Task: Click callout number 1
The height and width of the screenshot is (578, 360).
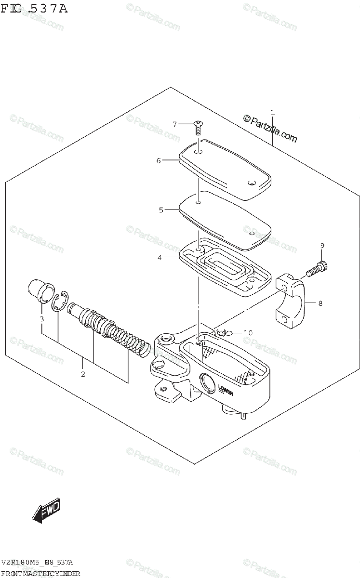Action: pyautogui.click(x=272, y=113)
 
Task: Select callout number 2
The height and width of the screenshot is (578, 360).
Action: pyautogui.click(x=83, y=374)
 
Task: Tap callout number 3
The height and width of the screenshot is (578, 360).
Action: pyautogui.click(x=42, y=319)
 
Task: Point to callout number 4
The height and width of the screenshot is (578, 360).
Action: pyautogui.click(x=160, y=258)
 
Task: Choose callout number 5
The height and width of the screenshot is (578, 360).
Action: pyautogui.click(x=161, y=210)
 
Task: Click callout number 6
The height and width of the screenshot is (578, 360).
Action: pyautogui.click(x=159, y=160)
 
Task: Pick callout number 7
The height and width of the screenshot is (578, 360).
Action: pyautogui.click(x=175, y=124)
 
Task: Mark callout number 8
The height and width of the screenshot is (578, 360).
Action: pyautogui.click(x=319, y=303)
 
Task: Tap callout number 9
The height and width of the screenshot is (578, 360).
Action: pyautogui.click(x=322, y=246)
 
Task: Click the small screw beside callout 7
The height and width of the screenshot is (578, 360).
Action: pyautogui.click(x=197, y=127)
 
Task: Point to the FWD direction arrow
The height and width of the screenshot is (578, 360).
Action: pyautogui.click(x=46, y=511)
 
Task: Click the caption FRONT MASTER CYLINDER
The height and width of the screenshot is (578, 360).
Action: pyautogui.click(x=40, y=573)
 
